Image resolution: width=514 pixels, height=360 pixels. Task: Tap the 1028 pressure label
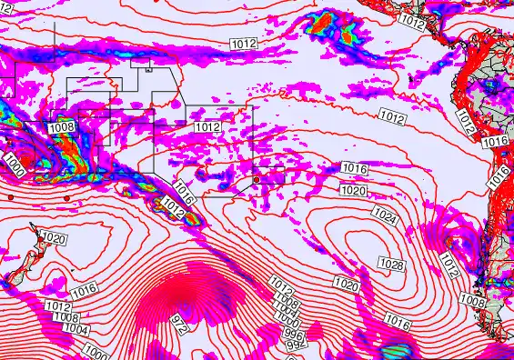(391, 265)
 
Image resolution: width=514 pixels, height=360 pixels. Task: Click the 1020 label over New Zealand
(54, 238)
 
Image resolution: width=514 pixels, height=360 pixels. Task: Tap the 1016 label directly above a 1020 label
(354, 169)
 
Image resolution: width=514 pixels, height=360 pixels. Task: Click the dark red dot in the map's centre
(257, 180)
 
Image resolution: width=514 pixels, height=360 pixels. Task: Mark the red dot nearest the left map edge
(9, 196)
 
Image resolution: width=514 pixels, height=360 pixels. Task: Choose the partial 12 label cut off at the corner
(6, 6)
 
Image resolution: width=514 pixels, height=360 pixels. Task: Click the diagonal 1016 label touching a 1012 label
(184, 193)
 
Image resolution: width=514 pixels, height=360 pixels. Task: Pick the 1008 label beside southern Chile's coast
(471, 300)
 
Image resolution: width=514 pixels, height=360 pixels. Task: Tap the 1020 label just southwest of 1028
(347, 285)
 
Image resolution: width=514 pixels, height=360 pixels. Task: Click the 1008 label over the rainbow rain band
(63, 127)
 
